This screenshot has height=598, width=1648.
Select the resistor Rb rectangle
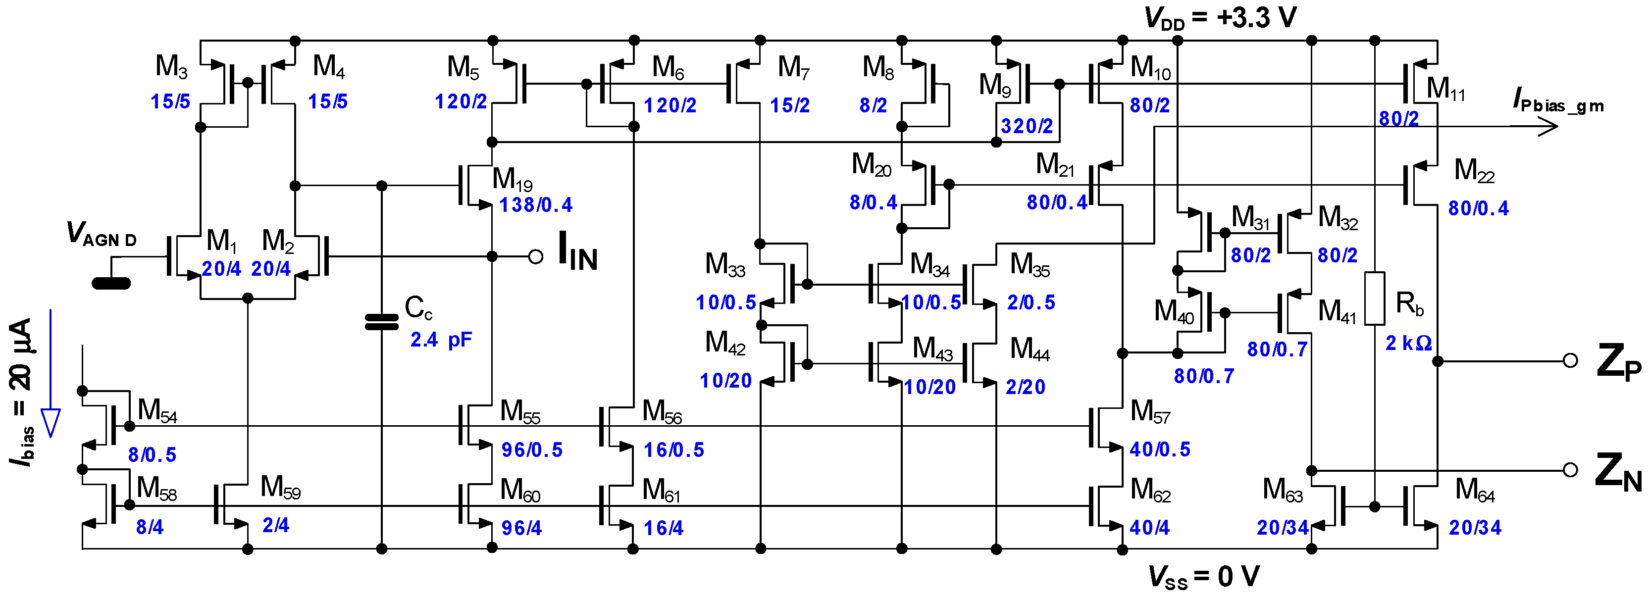pos(1374,298)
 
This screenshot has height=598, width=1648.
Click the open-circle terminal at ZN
pos(1570,470)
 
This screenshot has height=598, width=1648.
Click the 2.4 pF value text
pos(441,340)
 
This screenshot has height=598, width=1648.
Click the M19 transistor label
pos(512,179)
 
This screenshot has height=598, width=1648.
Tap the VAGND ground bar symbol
pos(111,283)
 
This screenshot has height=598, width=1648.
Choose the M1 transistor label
pos(221,241)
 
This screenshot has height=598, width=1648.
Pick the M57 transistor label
pos(1150,412)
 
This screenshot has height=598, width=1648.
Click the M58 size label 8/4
pos(149,527)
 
